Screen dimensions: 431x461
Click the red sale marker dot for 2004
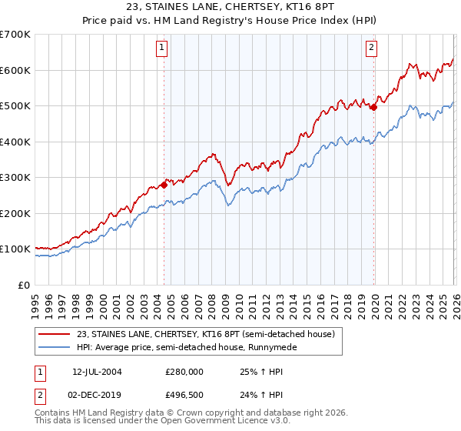tap(164, 185)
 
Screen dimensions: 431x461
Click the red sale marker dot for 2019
tap(374, 108)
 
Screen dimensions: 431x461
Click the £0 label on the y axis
tap(23, 285)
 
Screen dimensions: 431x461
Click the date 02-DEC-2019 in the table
tap(98, 394)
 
